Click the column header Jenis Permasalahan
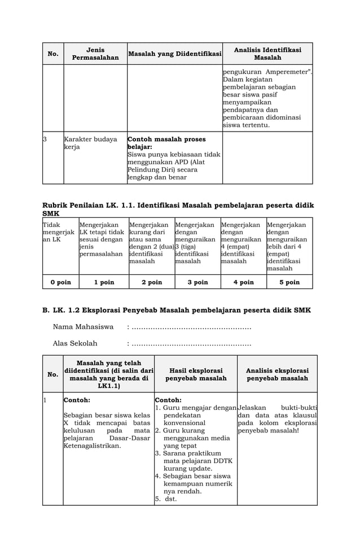tap(95, 54)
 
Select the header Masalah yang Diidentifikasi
tap(174, 54)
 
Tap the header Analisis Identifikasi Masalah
tap(267, 54)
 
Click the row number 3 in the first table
tap(45, 139)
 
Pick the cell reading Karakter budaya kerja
tap(90, 143)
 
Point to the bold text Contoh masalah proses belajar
tap(166, 143)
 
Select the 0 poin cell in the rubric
tap(60, 282)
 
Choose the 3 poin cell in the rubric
tap(197, 282)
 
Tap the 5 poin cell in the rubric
tap(289, 282)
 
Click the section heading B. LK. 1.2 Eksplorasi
tap(177, 310)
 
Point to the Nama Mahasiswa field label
tap(83, 327)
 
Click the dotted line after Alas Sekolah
tap(191, 344)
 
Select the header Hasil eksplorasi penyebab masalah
tap(196, 374)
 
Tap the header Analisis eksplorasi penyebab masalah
tap(277, 374)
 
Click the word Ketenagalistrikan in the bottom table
tap(92, 446)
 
